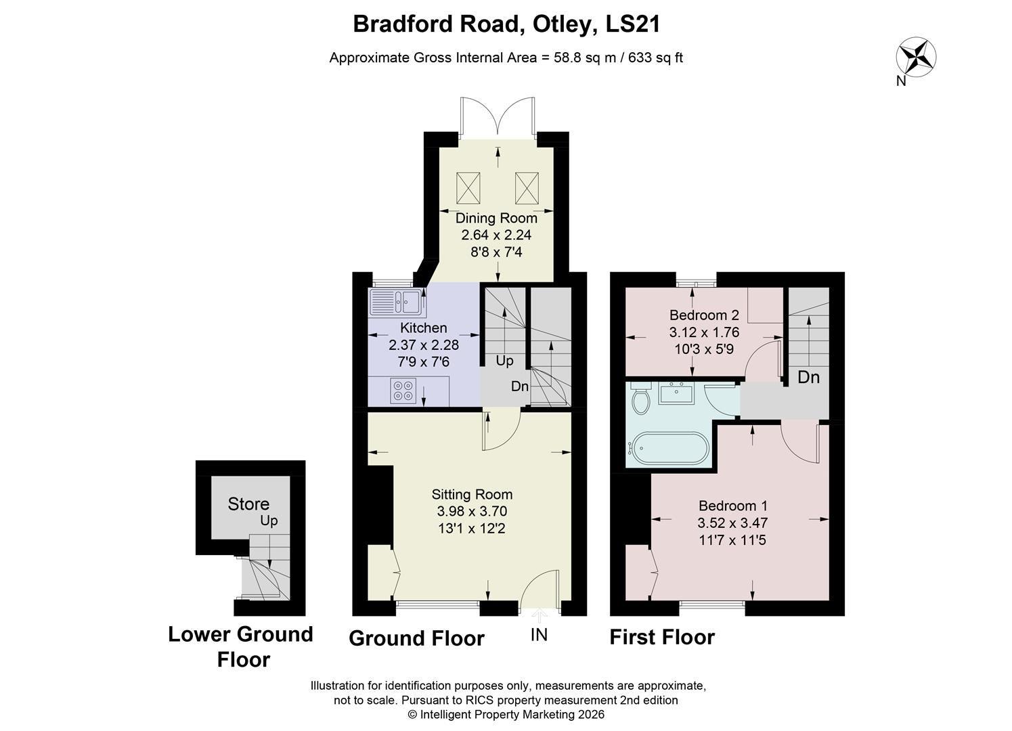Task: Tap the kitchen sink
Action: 397,303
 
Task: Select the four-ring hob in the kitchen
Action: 402,391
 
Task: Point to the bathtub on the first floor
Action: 668,447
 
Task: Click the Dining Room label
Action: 496,218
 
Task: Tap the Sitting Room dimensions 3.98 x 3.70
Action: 472,511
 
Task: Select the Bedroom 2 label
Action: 704,315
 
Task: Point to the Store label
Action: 248,504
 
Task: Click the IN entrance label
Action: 539,635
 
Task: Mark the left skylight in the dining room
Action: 468,187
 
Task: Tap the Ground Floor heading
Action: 416,638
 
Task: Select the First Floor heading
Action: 662,637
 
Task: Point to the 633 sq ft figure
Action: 655,58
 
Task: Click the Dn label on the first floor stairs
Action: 808,377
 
